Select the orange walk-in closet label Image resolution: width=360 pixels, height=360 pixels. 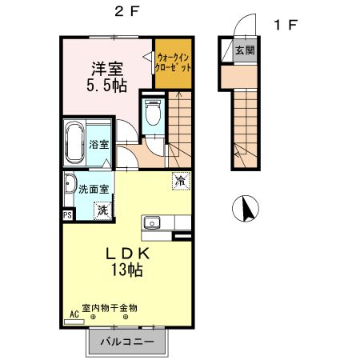pyautogui.click(x=173, y=62)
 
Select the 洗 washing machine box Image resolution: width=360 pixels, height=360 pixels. pyautogui.click(x=102, y=210)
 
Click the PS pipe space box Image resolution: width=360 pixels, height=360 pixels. pyautogui.click(x=67, y=214)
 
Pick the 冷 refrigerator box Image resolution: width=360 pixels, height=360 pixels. pyautogui.click(x=182, y=181)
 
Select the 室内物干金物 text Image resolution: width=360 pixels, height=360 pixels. pyautogui.click(x=110, y=307)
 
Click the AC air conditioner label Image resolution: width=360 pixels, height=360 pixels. pyautogui.click(x=74, y=314)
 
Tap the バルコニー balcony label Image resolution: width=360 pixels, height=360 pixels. pyautogui.click(x=126, y=342)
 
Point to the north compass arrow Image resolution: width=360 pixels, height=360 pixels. pyautogui.click(x=248, y=210)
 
